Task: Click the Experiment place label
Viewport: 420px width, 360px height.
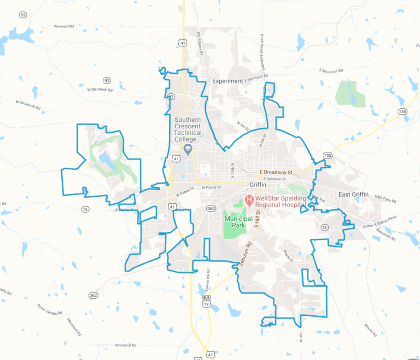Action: pyautogui.click(x=227, y=81)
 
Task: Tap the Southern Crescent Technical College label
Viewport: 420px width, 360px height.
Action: pyautogui.click(x=188, y=129)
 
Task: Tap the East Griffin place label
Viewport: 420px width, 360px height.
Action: pyautogui.click(x=354, y=195)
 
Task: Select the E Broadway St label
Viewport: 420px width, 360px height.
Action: pyautogui.click(x=276, y=173)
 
